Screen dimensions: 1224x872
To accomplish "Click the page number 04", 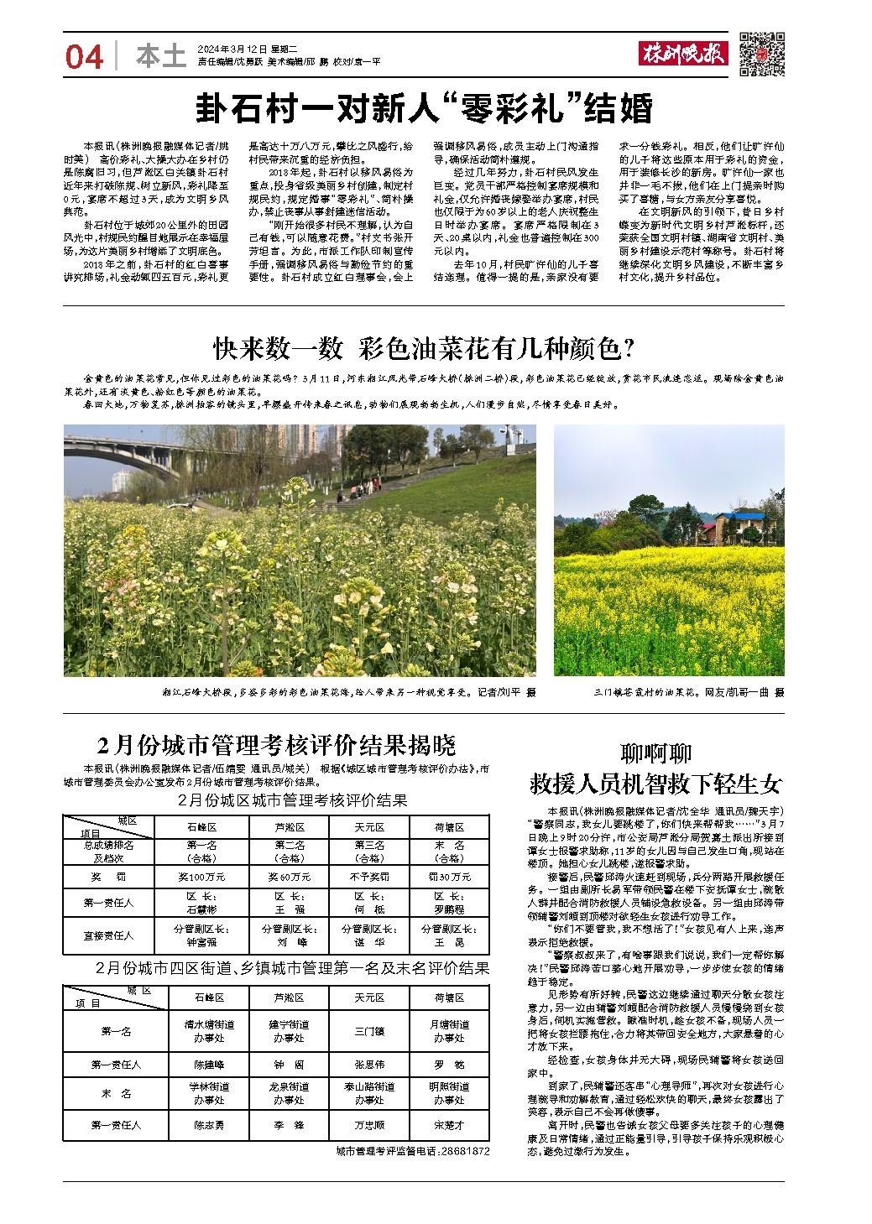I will coord(85,57).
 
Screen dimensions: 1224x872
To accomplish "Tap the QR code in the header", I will coord(761,54).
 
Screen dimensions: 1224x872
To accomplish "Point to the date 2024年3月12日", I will coord(227,49).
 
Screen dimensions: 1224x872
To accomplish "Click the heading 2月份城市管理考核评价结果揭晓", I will coord(276,744).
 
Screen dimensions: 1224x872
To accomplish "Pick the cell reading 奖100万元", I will coord(206,877).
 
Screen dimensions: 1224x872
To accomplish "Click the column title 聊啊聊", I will coord(655,752).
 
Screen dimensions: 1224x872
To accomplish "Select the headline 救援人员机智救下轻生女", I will coord(655,784).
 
